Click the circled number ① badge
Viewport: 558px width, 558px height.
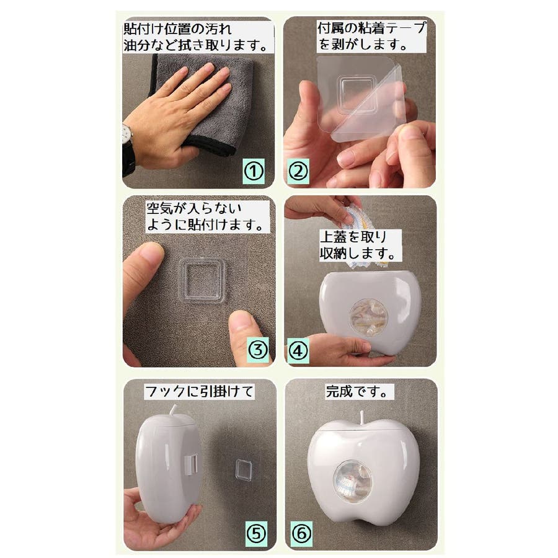click(x=254, y=171)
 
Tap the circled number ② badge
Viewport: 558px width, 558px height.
click(x=298, y=172)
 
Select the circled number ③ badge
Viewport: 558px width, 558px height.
click(x=257, y=350)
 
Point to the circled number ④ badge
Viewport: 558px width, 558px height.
click(x=298, y=351)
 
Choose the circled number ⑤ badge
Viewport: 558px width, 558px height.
click(x=256, y=534)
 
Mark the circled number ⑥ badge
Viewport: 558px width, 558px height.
click(x=302, y=534)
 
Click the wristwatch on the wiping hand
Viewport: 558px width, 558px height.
click(x=127, y=135)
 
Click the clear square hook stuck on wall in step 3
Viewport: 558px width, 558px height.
click(x=202, y=280)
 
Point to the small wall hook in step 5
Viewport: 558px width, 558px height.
click(x=244, y=469)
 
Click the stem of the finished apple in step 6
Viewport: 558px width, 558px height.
click(x=362, y=417)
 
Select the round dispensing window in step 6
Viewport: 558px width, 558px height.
click(x=352, y=482)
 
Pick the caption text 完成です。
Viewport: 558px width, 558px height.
click(x=357, y=392)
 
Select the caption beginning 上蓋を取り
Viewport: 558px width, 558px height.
click(x=358, y=245)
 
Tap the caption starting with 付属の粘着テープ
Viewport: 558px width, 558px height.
click(x=371, y=37)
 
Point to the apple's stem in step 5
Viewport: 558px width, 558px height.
click(x=174, y=410)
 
